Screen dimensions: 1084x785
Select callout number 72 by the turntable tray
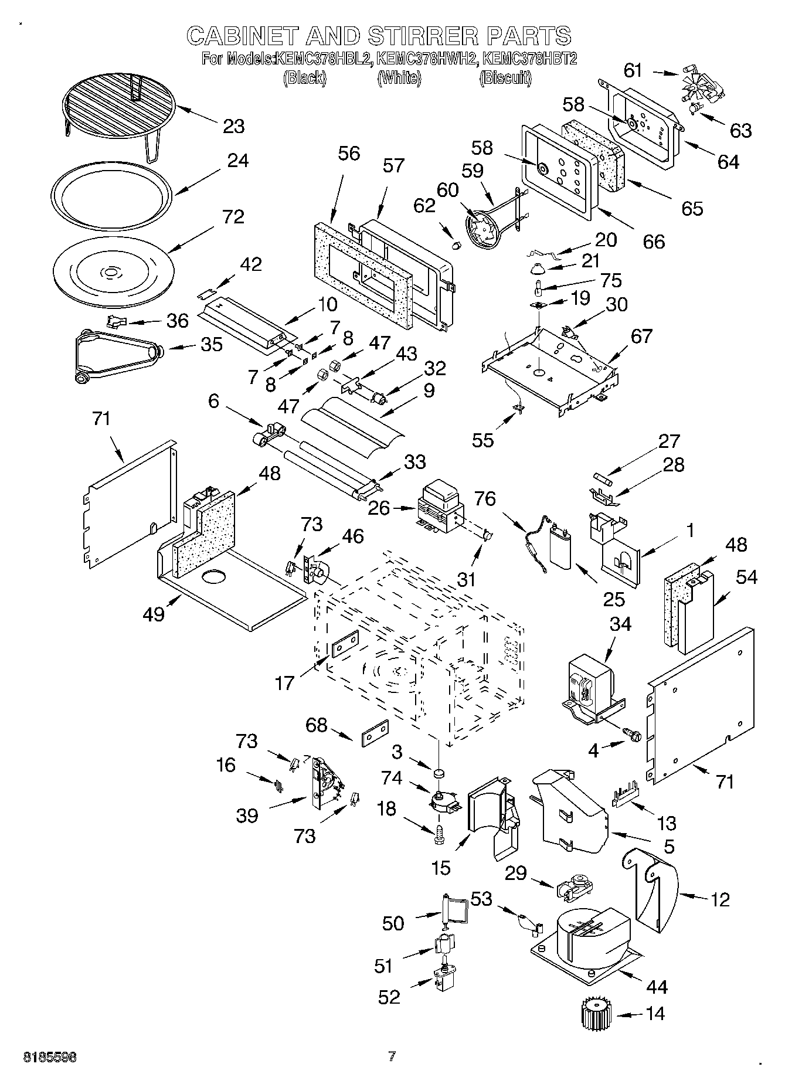tap(233, 217)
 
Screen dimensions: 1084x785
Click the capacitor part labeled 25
tap(562, 546)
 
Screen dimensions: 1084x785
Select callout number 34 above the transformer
tap(620, 624)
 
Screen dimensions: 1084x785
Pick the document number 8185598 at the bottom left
tap(50, 1057)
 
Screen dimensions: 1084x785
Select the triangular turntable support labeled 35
tap(117, 356)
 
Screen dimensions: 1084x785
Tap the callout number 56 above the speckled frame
tap(349, 154)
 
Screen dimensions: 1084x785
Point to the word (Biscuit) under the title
tap(505, 78)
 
